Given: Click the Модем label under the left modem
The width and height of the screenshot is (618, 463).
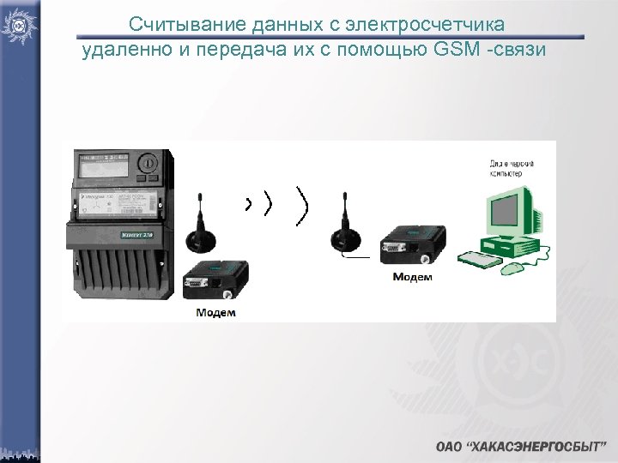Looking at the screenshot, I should pos(215,312).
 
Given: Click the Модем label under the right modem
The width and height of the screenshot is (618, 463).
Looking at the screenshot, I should pos(412,277).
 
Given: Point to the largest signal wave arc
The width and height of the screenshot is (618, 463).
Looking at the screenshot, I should pos(301,206).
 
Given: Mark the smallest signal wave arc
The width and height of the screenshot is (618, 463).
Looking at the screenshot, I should pos(248,204).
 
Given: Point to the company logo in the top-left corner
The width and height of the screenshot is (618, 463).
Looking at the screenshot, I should pos(18,26).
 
